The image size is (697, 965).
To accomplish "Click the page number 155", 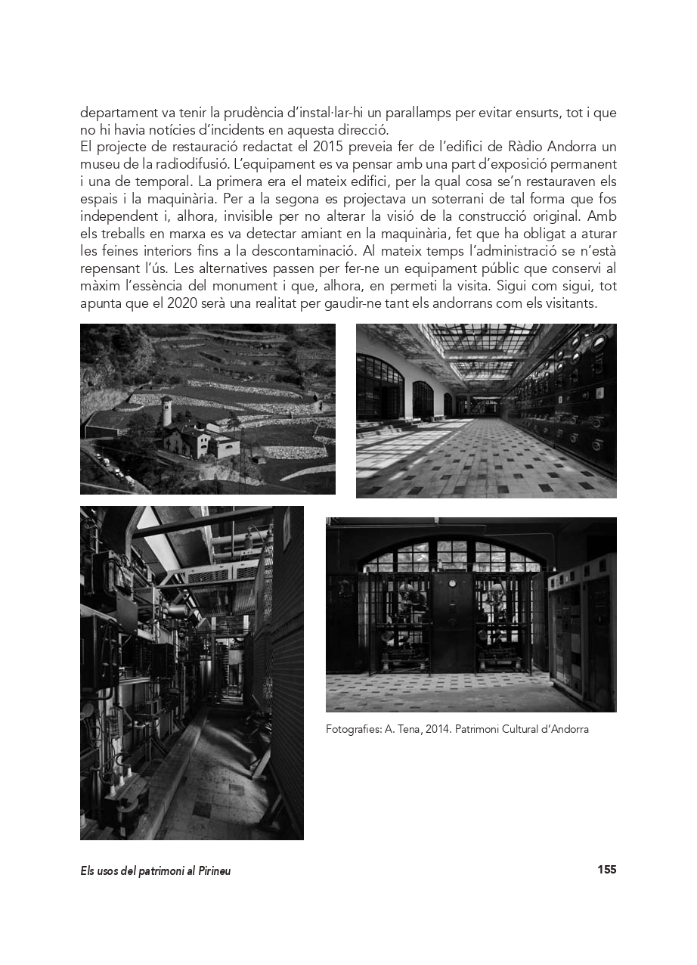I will [606, 870].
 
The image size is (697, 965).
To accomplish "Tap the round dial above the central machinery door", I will [453, 584].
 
